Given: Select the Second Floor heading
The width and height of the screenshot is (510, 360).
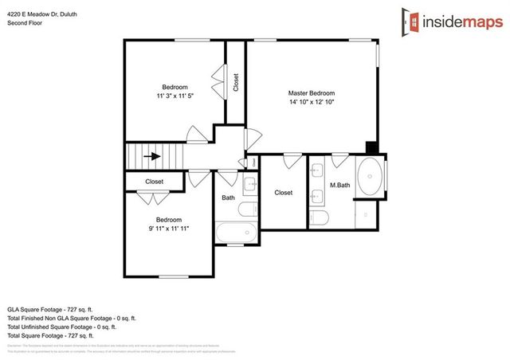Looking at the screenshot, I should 25,23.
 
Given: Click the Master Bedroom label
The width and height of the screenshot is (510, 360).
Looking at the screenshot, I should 312,93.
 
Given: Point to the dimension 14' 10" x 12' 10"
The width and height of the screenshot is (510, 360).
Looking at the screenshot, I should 312,102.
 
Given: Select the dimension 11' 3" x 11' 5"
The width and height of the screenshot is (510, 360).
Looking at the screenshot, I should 175,96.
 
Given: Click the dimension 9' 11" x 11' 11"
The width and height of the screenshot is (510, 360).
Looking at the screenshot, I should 168,228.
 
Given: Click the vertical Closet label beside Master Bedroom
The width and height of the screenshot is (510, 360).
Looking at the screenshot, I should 235,83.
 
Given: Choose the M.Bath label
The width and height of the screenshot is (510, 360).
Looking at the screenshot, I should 340,186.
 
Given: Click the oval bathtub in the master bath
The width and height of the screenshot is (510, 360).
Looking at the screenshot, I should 371,177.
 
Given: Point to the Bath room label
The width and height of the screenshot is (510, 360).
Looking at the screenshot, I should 229,198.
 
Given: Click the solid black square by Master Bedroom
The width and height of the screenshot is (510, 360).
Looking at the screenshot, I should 371,147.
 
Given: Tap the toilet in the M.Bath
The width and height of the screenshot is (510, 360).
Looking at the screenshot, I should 320,217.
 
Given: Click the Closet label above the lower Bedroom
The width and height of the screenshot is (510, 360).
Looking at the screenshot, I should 155,182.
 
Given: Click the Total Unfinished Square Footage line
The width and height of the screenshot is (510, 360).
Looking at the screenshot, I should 62,327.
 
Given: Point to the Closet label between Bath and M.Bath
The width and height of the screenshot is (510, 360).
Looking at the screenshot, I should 283,193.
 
